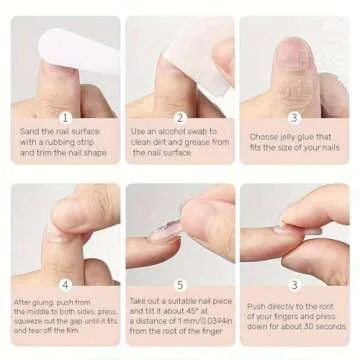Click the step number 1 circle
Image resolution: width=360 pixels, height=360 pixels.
click(65, 117)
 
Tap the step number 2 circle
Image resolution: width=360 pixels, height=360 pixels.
click(180, 117)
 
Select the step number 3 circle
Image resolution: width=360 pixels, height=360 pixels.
click(294, 117)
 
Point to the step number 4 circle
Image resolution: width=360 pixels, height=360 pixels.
click(65, 284)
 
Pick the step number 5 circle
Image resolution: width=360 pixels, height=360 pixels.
click(180, 284)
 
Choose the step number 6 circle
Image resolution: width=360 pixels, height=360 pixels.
click(294, 284)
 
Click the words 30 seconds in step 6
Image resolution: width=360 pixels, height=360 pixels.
click(328, 326)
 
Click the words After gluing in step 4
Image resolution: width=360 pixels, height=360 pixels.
click(29, 301)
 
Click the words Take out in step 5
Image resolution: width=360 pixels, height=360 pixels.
click(143, 299)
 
